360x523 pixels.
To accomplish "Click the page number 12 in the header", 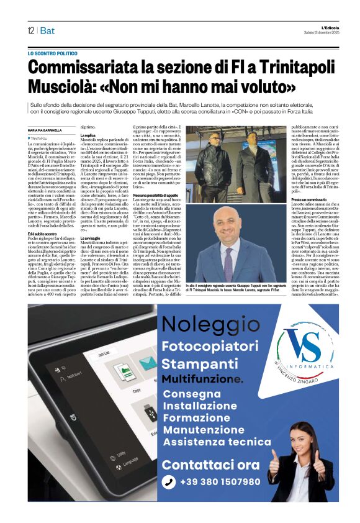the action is click(30, 30).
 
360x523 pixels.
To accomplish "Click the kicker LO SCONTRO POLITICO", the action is click(53, 54).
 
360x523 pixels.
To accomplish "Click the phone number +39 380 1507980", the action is click(220, 481).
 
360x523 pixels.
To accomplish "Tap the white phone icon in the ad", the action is click(168, 482).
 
